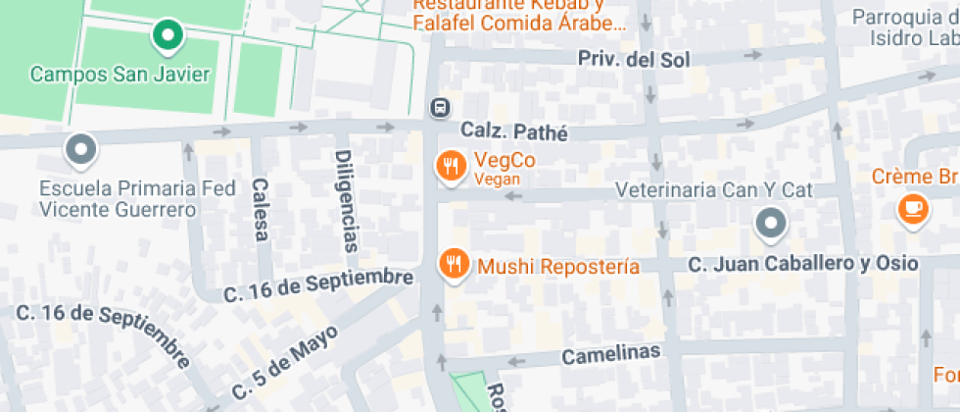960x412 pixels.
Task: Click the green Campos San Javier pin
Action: [x=168, y=36]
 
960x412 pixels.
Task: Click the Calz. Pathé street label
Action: [x=514, y=130]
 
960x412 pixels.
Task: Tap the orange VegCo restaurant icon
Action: [x=452, y=166]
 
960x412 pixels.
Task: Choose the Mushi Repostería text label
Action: [x=558, y=267]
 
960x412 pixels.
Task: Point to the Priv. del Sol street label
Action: [x=633, y=60]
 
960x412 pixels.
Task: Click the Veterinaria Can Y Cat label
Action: [x=714, y=189]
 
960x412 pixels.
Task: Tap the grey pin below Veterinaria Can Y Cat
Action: [x=772, y=224]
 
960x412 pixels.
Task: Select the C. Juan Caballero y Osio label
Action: [x=803, y=263]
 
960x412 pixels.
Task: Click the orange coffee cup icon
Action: [x=913, y=208]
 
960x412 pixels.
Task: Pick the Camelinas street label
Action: [x=611, y=352]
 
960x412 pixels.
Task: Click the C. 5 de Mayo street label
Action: [x=285, y=360]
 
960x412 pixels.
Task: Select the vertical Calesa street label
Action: [x=260, y=210]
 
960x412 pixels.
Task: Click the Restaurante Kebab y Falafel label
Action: [x=519, y=13]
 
